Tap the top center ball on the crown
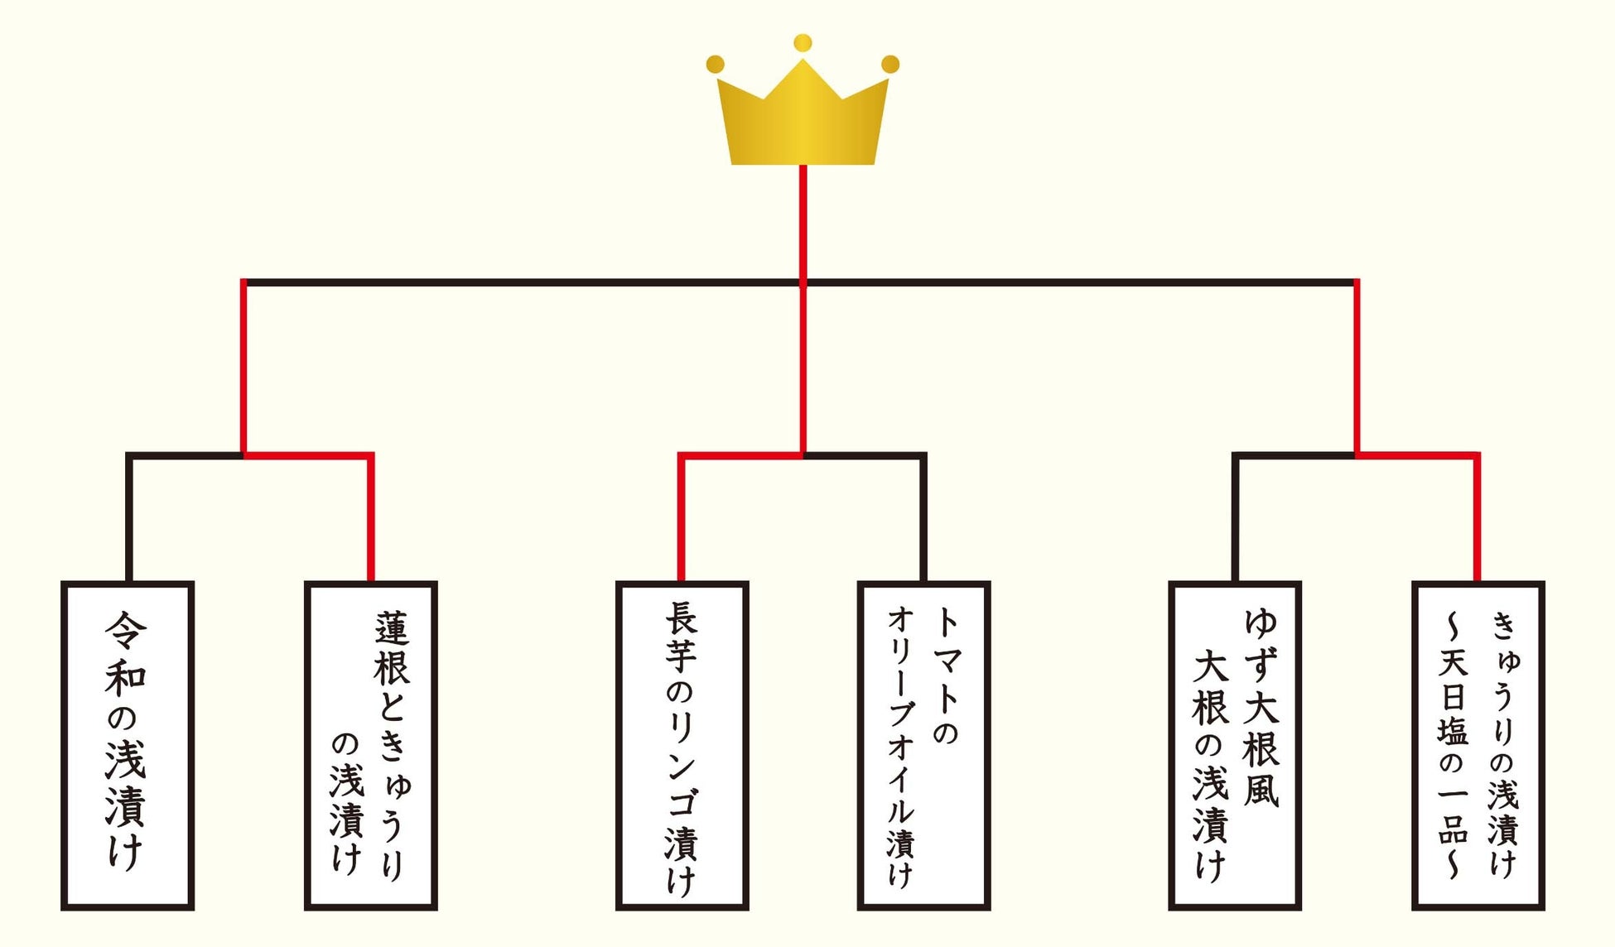click(x=803, y=43)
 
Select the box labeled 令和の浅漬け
click(x=128, y=745)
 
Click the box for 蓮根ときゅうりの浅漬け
click(x=370, y=745)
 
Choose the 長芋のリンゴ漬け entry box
click(x=682, y=745)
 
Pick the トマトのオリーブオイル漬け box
click(x=923, y=745)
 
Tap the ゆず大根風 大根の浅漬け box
click(x=1235, y=745)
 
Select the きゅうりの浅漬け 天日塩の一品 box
click(x=1478, y=745)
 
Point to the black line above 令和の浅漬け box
click(x=129, y=517)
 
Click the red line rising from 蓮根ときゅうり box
click(x=370, y=517)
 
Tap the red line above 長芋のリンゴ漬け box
click(x=681, y=517)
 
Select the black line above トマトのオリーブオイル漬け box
click(x=923, y=517)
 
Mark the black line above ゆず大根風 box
click(x=1235, y=517)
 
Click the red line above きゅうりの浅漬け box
click(x=1477, y=517)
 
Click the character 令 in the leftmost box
click(x=126, y=632)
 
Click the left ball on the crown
click(x=716, y=65)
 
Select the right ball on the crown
click(x=890, y=65)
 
